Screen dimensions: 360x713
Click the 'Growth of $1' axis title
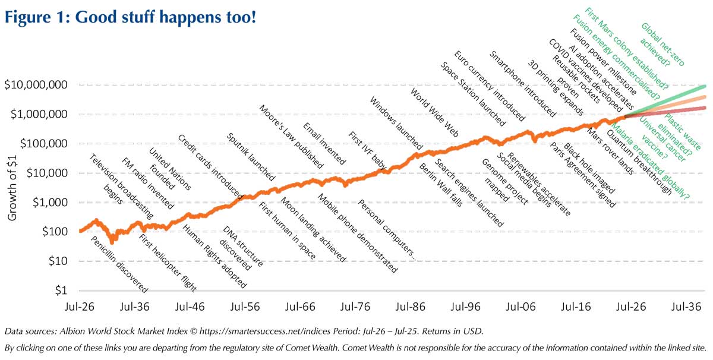pos(12,188)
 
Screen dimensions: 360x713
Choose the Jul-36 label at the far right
pos(687,308)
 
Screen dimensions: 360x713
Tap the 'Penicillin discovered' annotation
pos(119,264)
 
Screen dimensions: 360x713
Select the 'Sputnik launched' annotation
pos(251,156)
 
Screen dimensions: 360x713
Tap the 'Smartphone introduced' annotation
pos(521,83)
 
